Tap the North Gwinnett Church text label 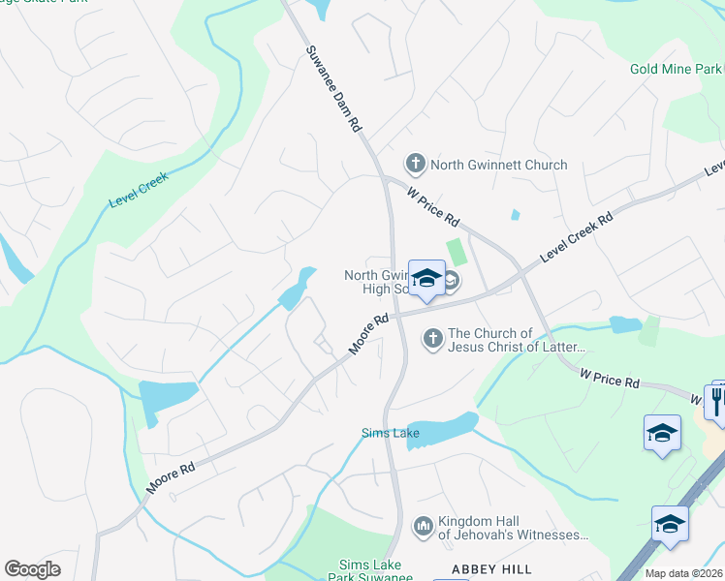pos(498,165)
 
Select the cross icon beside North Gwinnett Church pos(415,164)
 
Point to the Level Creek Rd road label pos(578,236)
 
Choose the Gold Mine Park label pos(677,69)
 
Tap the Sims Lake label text pos(390,433)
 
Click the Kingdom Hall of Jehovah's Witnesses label pos(513,528)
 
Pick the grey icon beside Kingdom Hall pos(423,527)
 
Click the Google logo pos(32,569)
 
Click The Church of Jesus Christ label pos(517,340)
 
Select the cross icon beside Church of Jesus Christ pos(432,339)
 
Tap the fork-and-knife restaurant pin pos(717,399)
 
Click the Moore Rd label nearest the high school pos(368,333)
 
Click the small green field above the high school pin pos(456,252)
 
